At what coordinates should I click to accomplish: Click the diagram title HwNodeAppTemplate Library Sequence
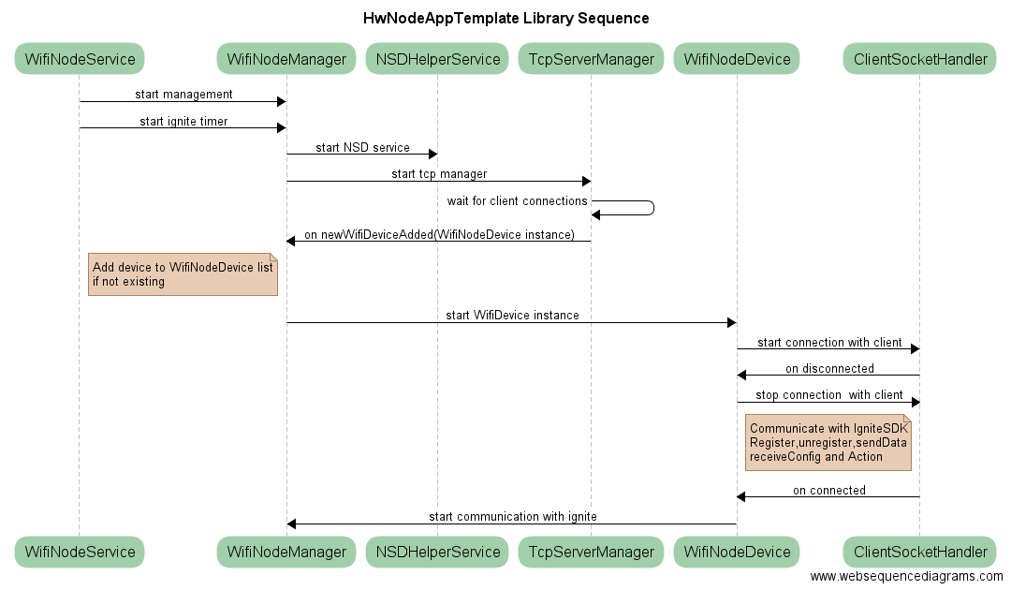[x=505, y=19]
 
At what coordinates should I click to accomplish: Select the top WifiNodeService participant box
[x=80, y=60]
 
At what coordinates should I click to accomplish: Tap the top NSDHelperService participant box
[x=437, y=60]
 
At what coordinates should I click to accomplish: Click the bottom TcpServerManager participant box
[x=591, y=552]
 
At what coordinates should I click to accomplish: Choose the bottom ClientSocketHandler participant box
[x=919, y=552]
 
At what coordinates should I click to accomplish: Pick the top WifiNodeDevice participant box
[x=737, y=60]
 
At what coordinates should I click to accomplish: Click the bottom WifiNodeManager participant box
[x=286, y=552]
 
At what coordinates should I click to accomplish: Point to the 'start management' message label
[x=183, y=95]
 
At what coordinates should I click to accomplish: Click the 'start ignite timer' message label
[x=183, y=121]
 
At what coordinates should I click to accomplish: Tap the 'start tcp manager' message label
[x=439, y=173]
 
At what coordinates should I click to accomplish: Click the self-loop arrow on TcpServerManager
[x=637, y=208]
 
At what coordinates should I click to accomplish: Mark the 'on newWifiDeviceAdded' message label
[x=439, y=234]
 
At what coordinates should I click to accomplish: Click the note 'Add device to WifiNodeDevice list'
[x=183, y=274]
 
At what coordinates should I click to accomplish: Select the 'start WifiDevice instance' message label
[x=512, y=316]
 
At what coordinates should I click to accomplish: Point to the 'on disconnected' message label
[x=829, y=368]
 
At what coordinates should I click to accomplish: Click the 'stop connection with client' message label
[x=828, y=395]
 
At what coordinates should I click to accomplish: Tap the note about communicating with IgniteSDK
[x=828, y=442]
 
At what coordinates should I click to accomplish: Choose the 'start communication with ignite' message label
[x=512, y=516]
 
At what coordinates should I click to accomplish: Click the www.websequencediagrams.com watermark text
[x=906, y=577]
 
